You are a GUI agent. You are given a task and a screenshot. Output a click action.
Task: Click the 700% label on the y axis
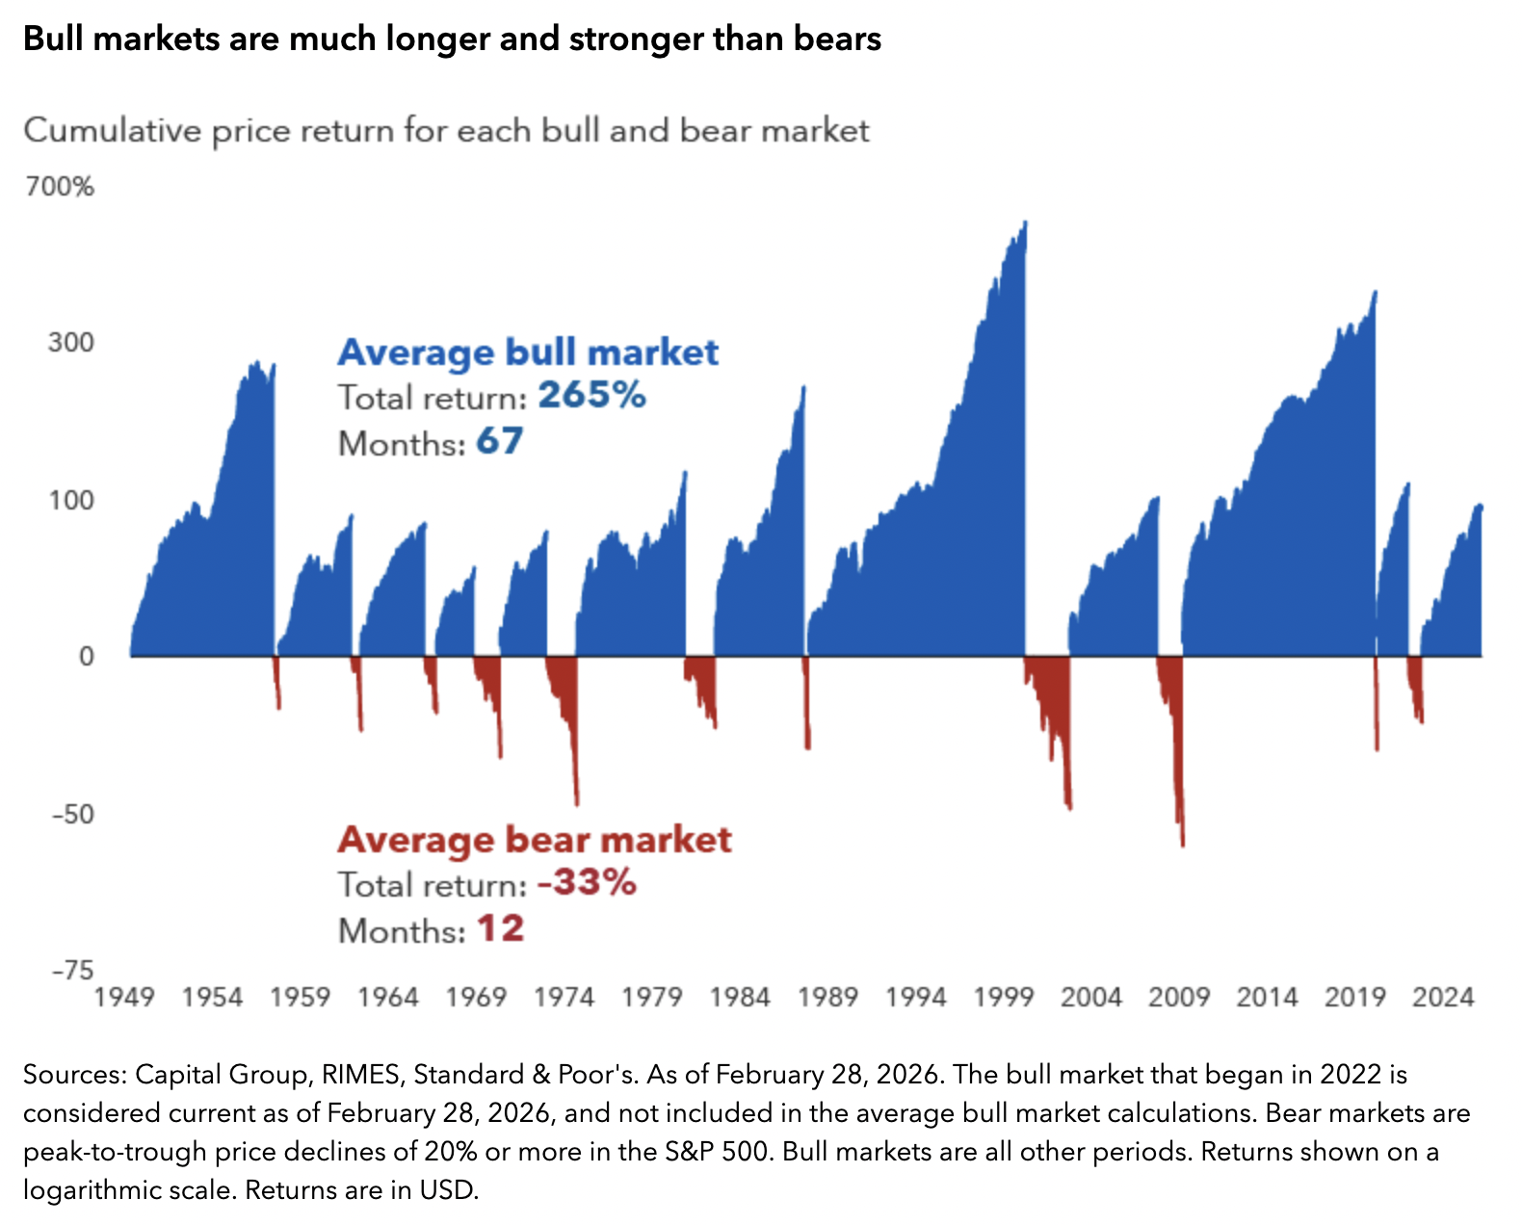pyautogui.click(x=60, y=186)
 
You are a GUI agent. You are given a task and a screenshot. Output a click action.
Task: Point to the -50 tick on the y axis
pyautogui.click(x=72, y=814)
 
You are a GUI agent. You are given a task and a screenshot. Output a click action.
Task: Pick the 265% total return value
pyautogui.click(x=591, y=395)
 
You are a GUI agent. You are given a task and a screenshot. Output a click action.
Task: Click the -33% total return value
pyautogui.click(x=587, y=882)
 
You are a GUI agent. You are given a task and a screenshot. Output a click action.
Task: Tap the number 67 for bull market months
pyautogui.click(x=500, y=441)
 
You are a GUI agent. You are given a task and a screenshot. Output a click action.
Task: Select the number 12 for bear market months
pyautogui.click(x=501, y=928)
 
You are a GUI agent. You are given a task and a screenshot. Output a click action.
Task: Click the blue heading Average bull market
pyautogui.click(x=528, y=352)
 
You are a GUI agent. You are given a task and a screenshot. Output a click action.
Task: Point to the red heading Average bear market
pyautogui.click(x=535, y=840)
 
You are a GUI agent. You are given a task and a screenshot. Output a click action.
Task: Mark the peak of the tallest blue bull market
pyautogui.click(x=1025, y=222)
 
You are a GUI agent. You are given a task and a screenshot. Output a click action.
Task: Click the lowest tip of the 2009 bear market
pyautogui.click(x=1182, y=845)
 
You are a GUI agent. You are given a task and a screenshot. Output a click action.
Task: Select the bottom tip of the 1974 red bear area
pyautogui.click(x=577, y=803)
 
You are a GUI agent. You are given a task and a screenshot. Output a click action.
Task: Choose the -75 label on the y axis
pyautogui.click(x=72, y=970)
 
